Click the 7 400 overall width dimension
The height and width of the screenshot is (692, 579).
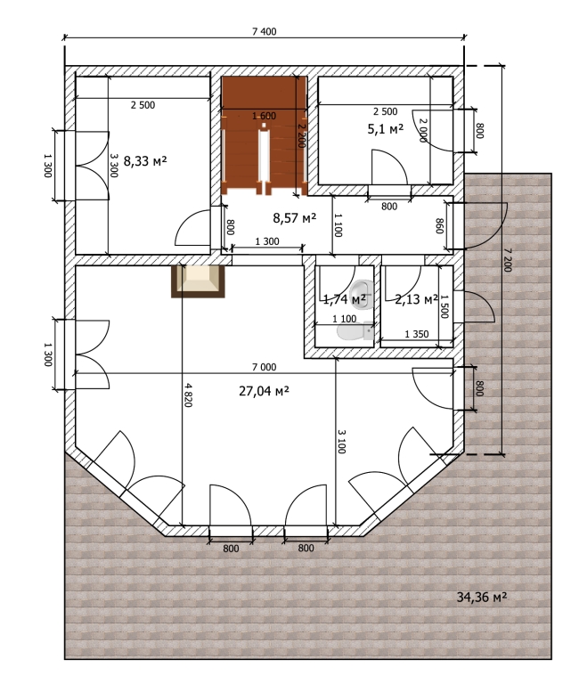point(264,31)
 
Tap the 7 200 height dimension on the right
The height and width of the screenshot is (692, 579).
point(508,260)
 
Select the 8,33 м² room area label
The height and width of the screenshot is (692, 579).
point(145,161)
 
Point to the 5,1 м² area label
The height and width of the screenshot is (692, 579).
point(386,129)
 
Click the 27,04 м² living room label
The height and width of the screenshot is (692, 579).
point(264,391)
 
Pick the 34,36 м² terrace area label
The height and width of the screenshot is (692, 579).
point(482,597)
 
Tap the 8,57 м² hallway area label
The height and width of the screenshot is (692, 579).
point(294,217)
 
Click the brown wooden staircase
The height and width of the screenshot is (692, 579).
point(264,135)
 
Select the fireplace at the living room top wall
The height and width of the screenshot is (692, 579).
point(198,281)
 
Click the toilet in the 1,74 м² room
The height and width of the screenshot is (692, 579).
point(355,332)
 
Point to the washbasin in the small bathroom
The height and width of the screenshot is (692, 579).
point(362,291)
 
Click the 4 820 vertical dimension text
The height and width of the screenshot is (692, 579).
point(188,395)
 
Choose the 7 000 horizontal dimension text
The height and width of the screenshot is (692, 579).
point(264,367)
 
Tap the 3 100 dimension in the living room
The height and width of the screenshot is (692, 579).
point(341,441)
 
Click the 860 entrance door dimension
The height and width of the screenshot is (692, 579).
point(439,226)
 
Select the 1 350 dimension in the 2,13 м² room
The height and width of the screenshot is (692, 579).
point(417,334)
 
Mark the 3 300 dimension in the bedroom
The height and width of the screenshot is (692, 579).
point(113,166)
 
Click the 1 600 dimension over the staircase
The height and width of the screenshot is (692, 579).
point(264,116)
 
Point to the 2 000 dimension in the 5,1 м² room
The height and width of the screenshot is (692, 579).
point(423,130)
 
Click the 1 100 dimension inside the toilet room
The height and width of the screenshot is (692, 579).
point(344,319)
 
